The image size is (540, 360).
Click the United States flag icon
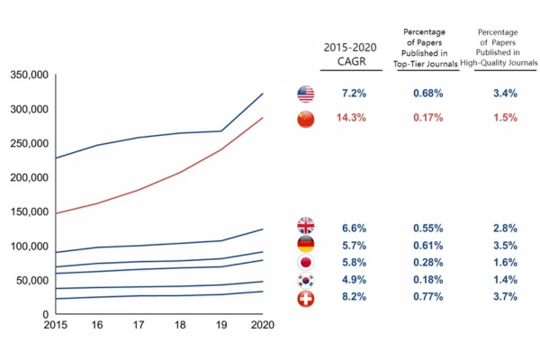pyautogui.click(x=306, y=94)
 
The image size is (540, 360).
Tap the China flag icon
pyautogui.click(x=306, y=119)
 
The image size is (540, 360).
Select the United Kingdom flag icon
pyautogui.click(x=306, y=226)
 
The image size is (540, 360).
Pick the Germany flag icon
pyautogui.click(x=306, y=244)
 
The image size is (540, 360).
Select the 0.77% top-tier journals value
pyautogui.click(x=427, y=296)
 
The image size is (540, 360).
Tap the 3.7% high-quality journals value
pyautogui.click(x=505, y=296)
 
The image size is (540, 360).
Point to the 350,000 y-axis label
pyautogui.click(x=30, y=76)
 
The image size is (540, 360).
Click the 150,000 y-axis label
pyautogui.click(x=30, y=212)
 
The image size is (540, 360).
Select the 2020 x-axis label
pyautogui.click(x=263, y=325)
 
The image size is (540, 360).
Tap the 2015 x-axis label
pyautogui.click(x=55, y=325)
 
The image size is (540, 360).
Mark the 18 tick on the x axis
pyautogui.click(x=180, y=325)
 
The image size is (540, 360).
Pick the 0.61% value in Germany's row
pyautogui.click(x=427, y=244)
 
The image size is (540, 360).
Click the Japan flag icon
pyautogui.click(x=306, y=262)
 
